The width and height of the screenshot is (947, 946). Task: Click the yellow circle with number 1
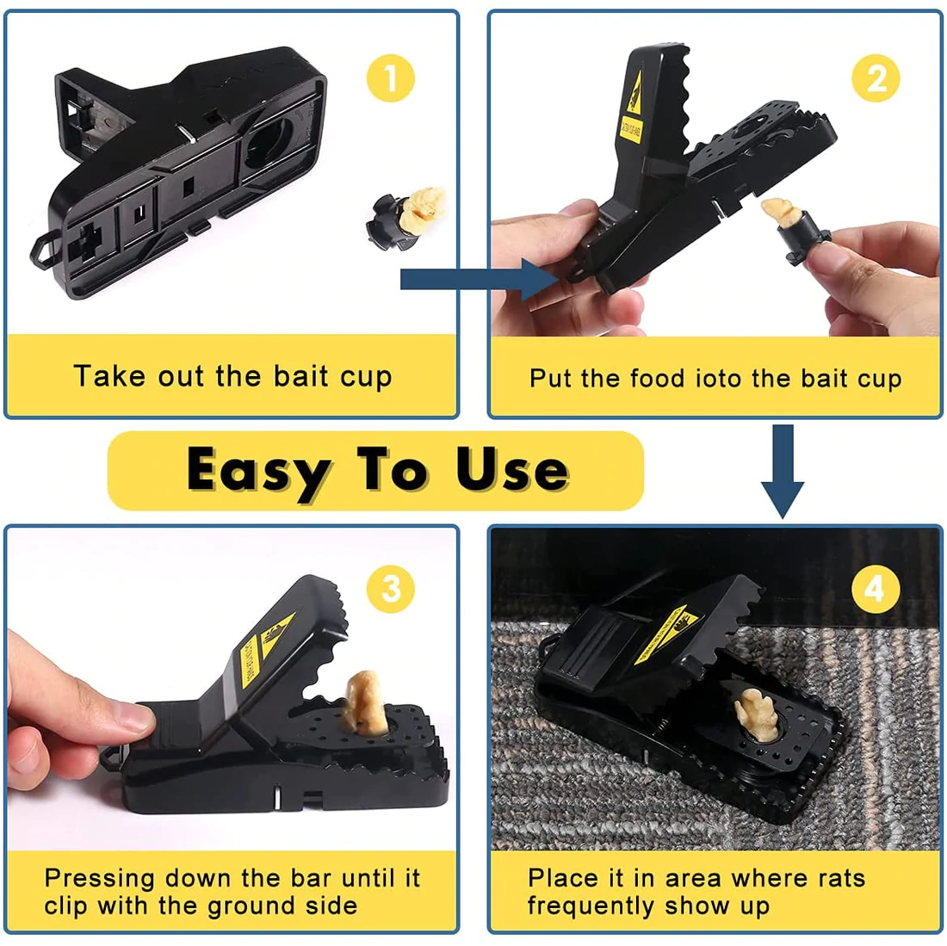pyautogui.click(x=391, y=78)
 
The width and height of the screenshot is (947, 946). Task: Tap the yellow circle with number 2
pyautogui.click(x=876, y=78)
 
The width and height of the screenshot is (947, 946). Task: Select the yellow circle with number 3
pyautogui.click(x=391, y=589)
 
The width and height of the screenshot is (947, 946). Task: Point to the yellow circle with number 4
pyautogui.click(x=876, y=589)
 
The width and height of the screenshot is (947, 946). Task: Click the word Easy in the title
pyautogui.click(x=258, y=471)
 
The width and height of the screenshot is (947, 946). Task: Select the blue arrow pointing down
pyautogui.click(x=782, y=470)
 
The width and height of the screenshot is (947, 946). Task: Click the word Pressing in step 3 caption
pyautogui.click(x=100, y=879)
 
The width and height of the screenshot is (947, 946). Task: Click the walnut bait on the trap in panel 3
pyautogui.click(x=363, y=702)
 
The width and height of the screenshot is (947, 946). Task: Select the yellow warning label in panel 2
pyautogui.click(x=633, y=112)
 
